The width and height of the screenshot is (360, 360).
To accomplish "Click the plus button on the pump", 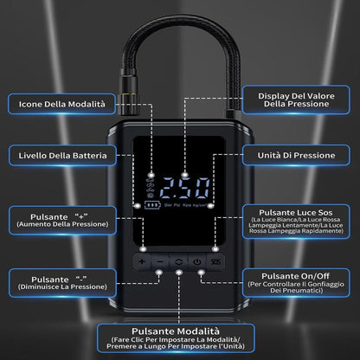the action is pyautogui.click(x=142, y=262).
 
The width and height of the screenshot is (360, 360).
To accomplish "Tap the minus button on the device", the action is pyautogui.click(x=160, y=262).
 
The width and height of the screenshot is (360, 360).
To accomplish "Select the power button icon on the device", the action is pyautogui.click(x=197, y=262).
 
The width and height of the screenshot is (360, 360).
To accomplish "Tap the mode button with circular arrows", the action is pyautogui.click(x=179, y=262).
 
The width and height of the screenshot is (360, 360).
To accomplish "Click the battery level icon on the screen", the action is pyautogui.click(x=152, y=205).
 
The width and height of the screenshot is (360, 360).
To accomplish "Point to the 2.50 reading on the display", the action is pyautogui.click(x=185, y=188).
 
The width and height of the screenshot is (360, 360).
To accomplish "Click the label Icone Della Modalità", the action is pyautogui.click(x=61, y=104).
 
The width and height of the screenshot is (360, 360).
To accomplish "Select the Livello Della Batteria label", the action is pyautogui.click(x=62, y=156).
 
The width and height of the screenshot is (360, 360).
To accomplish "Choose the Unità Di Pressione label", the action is pyautogui.click(x=296, y=156).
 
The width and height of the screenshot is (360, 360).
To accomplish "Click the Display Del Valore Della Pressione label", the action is pyautogui.click(x=296, y=100).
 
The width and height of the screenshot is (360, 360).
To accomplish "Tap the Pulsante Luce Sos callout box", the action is pyautogui.click(x=296, y=222).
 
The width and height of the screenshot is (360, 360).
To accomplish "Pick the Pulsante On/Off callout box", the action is pyautogui.click(x=296, y=283).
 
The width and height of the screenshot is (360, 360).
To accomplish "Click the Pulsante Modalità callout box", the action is pyautogui.click(x=176, y=338).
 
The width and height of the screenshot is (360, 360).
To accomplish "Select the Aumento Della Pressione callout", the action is pyautogui.click(x=62, y=221).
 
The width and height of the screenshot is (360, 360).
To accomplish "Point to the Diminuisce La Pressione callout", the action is pyautogui.click(x=62, y=283).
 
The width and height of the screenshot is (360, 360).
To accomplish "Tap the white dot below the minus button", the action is pyautogui.click(x=159, y=272).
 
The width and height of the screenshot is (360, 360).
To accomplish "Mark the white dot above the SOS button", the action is pyautogui.click(x=215, y=248).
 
